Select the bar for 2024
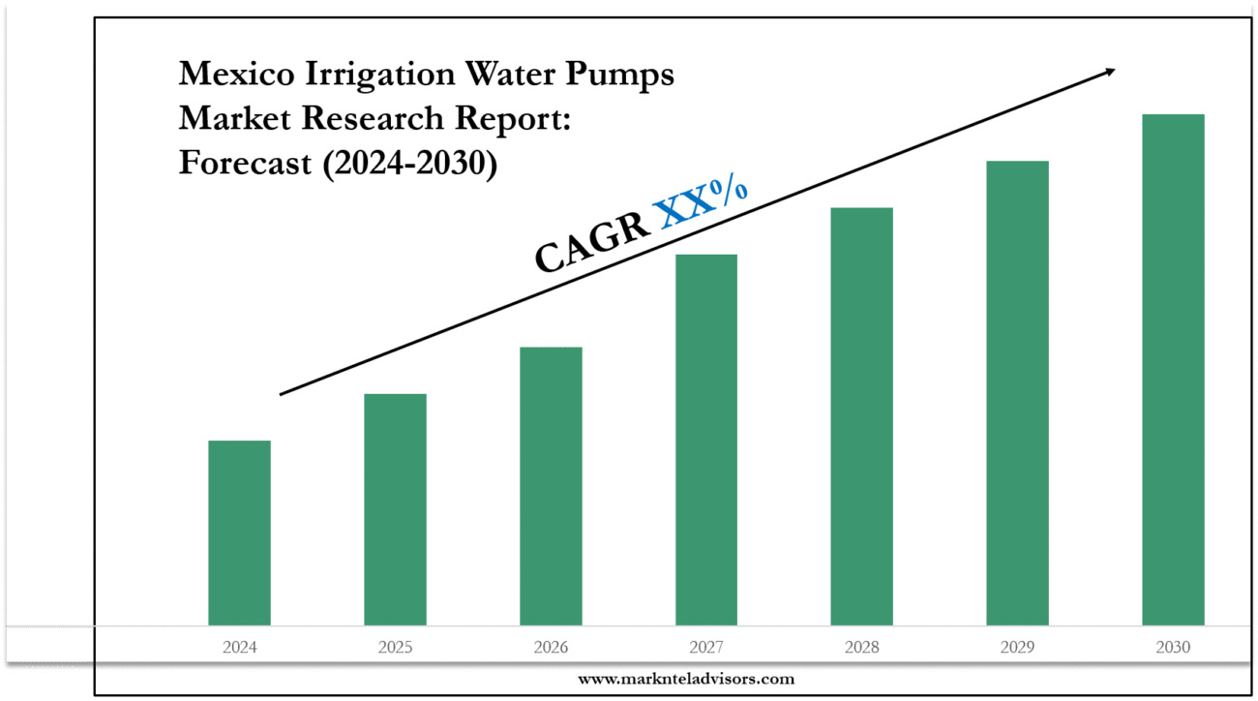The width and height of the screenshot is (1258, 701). pyautogui.click(x=239, y=533)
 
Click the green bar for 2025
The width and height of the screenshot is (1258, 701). pyautogui.click(x=395, y=509)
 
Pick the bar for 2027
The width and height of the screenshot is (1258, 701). pyautogui.click(x=706, y=440)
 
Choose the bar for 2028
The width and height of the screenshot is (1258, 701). pyautogui.click(x=861, y=416)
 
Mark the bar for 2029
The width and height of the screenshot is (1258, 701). pyautogui.click(x=1017, y=393)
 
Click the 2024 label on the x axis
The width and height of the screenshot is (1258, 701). pyautogui.click(x=239, y=647)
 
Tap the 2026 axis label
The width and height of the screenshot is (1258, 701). pyautogui.click(x=551, y=647)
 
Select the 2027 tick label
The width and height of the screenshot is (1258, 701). pyautogui.click(x=706, y=647)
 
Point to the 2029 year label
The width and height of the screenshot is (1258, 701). pyautogui.click(x=1017, y=647)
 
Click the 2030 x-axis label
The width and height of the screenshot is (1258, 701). pyautogui.click(x=1173, y=647)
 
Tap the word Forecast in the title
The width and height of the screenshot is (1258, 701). pyautogui.click(x=245, y=163)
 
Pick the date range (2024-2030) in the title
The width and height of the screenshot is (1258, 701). pyautogui.click(x=409, y=163)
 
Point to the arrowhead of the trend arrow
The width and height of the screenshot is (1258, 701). pyautogui.click(x=1109, y=72)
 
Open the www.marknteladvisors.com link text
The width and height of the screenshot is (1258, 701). pyautogui.click(x=686, y=679)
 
